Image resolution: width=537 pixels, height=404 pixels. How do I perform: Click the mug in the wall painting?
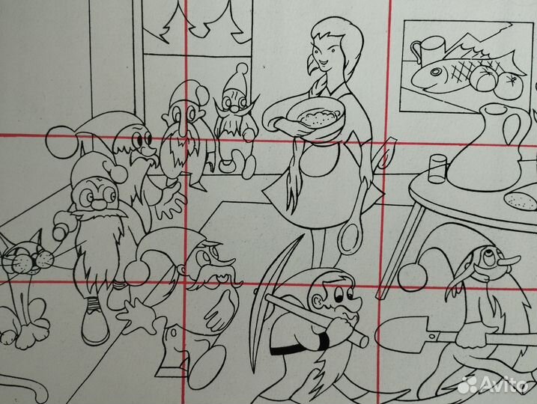pos(425,52)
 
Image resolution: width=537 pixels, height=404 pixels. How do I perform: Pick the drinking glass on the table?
pos(437,168)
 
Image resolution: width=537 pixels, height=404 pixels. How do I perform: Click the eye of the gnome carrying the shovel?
pos(488,256)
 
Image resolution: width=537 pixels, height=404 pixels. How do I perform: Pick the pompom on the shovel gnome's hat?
pos(413,276)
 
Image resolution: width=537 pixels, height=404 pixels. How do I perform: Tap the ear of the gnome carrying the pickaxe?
pos(318,302)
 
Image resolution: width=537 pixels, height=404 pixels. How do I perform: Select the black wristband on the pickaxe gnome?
pos(323,340)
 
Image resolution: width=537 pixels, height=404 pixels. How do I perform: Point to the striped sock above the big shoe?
pos(92,304)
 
